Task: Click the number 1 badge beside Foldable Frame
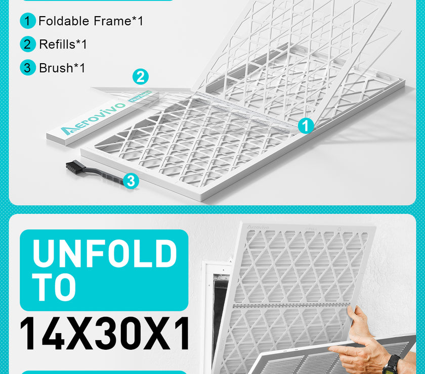tap(28, 21)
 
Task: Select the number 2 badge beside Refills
tap(28, 44)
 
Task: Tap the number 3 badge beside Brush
tap(28, 68)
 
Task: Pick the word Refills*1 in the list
tap(63, 44)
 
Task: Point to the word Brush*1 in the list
tap(62, 68)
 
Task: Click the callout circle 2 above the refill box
tap(141, 77)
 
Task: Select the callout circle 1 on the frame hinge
tap(306, 126)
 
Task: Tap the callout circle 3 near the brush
tap(131, 181)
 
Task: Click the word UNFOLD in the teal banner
tap(105, 254)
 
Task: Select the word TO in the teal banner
tap(54, 288)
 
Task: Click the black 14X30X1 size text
tap(105, 334)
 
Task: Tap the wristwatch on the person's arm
tap(391, 365)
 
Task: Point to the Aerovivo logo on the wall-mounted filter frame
tap(258, 226)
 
